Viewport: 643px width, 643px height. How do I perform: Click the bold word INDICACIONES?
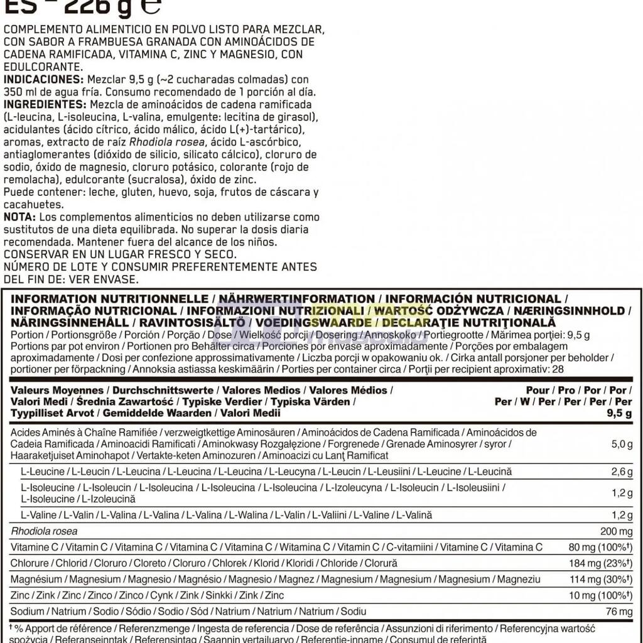click(x=42, y=79)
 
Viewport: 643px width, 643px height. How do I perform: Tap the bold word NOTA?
click(x=19, y=217)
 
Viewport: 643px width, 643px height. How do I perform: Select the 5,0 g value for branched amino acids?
click(x=621, y=445)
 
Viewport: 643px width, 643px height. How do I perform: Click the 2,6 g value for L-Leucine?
click(x=621, y=472)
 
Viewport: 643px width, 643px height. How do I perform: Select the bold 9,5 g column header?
click(x=619, y=413)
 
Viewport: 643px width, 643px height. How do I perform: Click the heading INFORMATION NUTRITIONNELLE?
click(x=110, y=299)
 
